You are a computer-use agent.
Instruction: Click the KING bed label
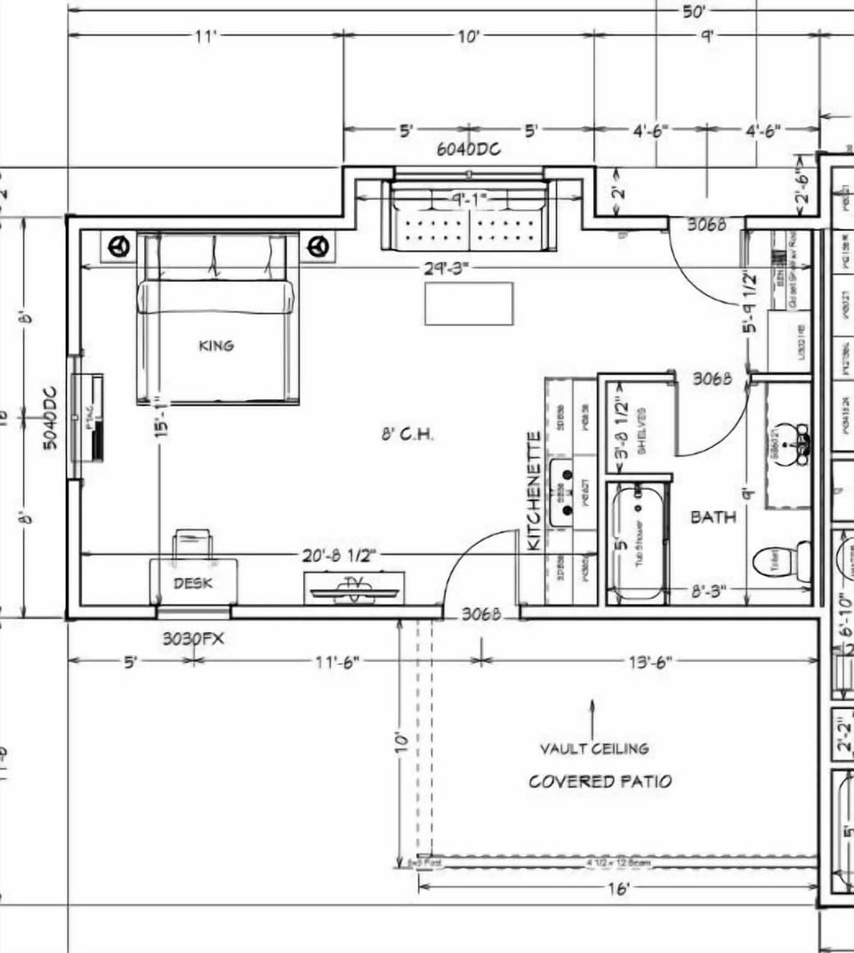tap(216, 345)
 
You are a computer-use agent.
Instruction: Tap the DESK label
tap(192, 582)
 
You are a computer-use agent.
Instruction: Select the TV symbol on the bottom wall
tap(354, 588)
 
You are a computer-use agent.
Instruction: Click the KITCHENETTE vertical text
tap(534, 490)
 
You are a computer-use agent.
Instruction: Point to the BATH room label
tap(713, 517)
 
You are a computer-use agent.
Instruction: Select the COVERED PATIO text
tap(600, 781)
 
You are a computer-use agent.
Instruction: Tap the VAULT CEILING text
tap(594, 749)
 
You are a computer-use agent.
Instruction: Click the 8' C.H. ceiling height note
tap(406, 435)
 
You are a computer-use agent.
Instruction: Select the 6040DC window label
tap(468, 149)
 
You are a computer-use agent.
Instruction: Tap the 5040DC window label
tap(50, 417)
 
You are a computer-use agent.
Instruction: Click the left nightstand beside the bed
tap(122, 245)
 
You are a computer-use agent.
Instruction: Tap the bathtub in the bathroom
tap(637, 541)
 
